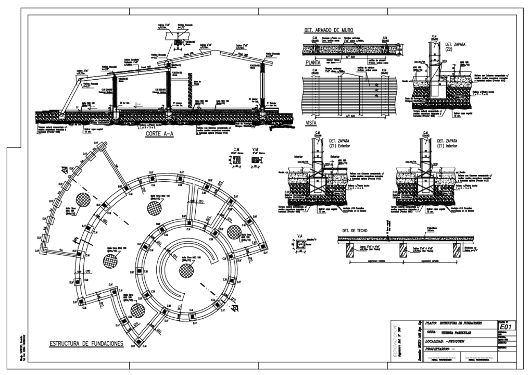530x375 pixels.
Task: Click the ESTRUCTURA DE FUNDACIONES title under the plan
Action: (86, 344)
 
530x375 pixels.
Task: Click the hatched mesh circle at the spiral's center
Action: (187, 270)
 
